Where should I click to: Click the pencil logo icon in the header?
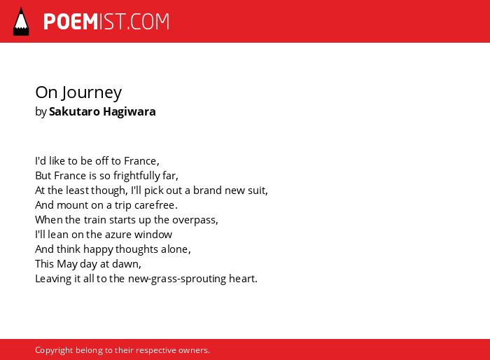[x=21, y=21]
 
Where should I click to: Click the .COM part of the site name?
[x=148, y=22]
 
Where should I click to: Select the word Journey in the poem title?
[x=92, y=93]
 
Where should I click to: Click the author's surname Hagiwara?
[x=129, y=112]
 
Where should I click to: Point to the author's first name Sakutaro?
[x=75, y=111]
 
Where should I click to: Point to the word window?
[x=153, y=235]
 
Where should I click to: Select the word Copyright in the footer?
[x=54, y=350]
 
